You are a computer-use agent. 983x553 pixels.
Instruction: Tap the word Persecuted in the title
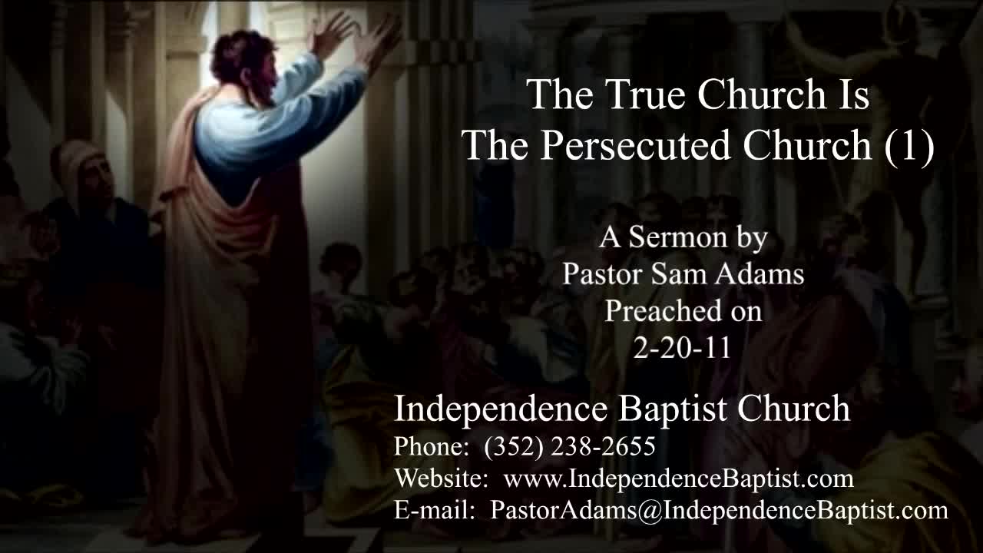(x=635, y=145)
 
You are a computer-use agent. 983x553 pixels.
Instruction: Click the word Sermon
(x=677, y=237)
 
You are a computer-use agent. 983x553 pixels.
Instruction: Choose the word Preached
(x=664, y=311)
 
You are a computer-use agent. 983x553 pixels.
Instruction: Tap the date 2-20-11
(x=683, y=348)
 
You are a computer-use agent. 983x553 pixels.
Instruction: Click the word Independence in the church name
(x=501, y=409)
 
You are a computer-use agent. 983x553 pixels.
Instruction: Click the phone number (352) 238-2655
(x=570, y=447)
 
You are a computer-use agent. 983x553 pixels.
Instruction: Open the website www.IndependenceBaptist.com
(x=679, y=478)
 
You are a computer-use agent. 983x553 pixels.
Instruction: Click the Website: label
(x=441, y=478)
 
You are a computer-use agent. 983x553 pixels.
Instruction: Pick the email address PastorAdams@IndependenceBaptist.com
(x=719, y=511)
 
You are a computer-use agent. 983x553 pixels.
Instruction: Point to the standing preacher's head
(x=246, y=66)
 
